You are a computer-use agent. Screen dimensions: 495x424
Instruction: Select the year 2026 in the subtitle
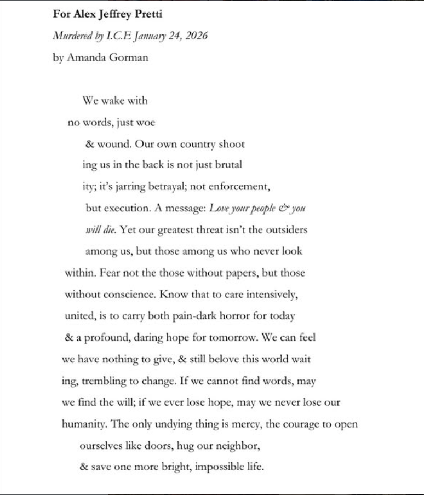pyautogui.click(x=196, y=36)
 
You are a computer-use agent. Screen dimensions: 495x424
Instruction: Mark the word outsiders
pyautogui.click(x=283, y=229)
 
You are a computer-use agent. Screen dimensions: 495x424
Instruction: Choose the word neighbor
pyautogui.click(x=237, y=446)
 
